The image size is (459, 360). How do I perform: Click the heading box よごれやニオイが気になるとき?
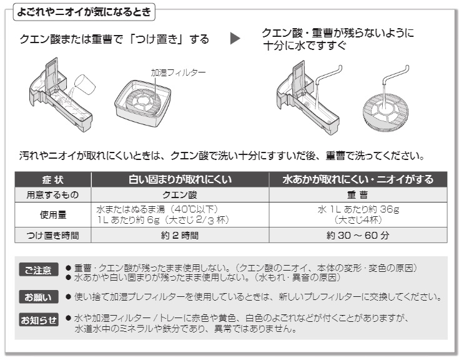pyautogui.click(x=84, y=12)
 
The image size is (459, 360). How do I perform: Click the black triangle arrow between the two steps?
pyautogui.click(x=235, y=38)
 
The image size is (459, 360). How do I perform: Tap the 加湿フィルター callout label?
pyautogui.click(x=178, y=72)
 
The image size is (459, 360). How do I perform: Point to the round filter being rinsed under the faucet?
pyautogui.click(x=385, y=112)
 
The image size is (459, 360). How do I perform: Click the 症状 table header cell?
pyautogui.click(x=53, y=179)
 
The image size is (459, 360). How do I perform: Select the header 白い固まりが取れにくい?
pyautogui.click(x=180, y=179)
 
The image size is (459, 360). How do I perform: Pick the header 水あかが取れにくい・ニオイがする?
pyautogui.click(x=358, y=179)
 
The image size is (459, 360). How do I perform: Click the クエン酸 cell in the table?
pyautogui.click(x=180, y=195)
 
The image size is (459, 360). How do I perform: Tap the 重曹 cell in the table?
pyautogui.click(x=358, y=195)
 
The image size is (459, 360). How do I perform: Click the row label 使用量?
pyautogui.click(x=53, y=215)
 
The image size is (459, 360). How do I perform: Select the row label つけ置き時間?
pyautogui.click(x=53, y=235)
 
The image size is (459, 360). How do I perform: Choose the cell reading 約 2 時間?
pyautogui.click(x=180, y=235)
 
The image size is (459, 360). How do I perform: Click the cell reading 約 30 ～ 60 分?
pyautogui.click(x=358, y=235)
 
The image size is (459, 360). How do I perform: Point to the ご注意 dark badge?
pyautogui.click(x=39, y=270)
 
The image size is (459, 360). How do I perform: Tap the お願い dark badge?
pyautogui.click(x=39, y=297)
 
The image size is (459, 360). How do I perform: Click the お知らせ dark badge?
pyautogui.click(x=39, y=320)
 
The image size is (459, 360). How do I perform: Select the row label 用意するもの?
pyautogui.click(x=53, y=195)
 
